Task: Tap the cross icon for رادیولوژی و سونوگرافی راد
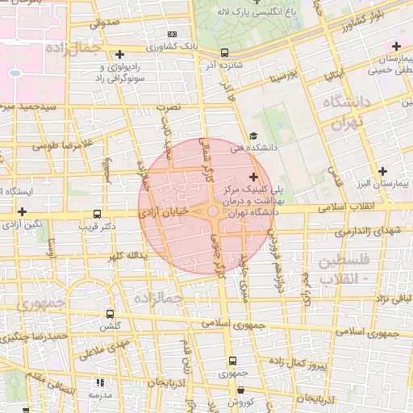coord(120,54)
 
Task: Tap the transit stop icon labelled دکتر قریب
coord(98,215)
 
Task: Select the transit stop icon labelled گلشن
coord(110,315)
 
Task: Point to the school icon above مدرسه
coord(100,383)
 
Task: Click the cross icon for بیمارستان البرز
coord(383,171)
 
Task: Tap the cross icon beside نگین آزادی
coord(22,211)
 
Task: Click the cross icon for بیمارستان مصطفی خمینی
coord(396,46)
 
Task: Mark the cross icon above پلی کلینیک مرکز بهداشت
coord(253,176)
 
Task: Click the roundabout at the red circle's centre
coord(213,211)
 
